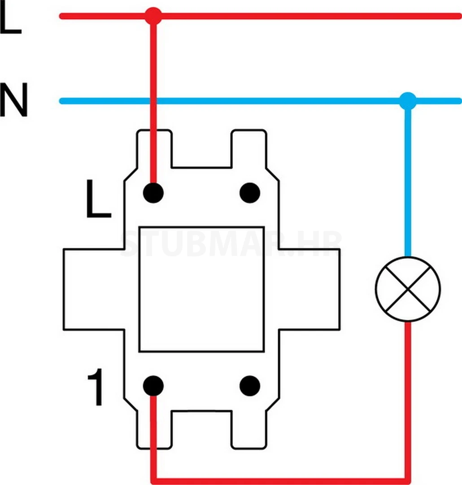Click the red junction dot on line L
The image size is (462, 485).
coord(153,16)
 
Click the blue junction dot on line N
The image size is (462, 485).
coord(407,101)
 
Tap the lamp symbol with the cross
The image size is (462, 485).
coord(408,289)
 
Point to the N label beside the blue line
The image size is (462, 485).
coord(13,100)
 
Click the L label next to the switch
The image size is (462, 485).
coord(98,199)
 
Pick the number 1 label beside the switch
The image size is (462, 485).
coord(96,389)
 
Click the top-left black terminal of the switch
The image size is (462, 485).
coord(153,193)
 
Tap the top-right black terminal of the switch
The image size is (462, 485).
coord(250,193)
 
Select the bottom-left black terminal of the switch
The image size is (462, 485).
coord(153,386)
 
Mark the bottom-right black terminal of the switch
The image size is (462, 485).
coord(250,386)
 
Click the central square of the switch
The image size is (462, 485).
coord(201,289)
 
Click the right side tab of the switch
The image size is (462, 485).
coord(309,290)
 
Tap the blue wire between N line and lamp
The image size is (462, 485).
coord(407,180)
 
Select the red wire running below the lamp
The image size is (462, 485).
coord(407,395)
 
